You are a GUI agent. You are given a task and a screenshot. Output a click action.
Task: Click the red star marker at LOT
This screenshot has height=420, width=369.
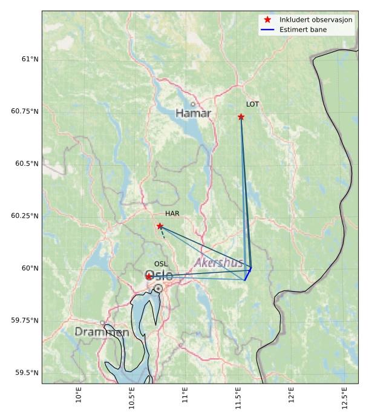coord(241,117)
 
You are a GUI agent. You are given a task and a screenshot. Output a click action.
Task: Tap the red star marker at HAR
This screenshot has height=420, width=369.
coord(160,226)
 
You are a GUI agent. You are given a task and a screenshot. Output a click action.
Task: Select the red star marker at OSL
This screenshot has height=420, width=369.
coord(149,277)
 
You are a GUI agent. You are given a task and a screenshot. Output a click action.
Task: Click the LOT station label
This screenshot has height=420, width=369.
coord(252,104)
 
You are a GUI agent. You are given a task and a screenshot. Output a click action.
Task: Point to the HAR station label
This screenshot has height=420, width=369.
coord(172,214)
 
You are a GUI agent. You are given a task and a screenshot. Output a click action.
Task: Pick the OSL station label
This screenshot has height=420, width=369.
coord(161,264)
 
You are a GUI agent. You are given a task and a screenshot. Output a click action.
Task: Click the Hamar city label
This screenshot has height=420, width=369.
coord(193,113)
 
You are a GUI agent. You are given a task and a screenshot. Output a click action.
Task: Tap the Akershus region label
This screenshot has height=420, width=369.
coord(218,263)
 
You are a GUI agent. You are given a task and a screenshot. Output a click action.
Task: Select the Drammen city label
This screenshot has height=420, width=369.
coord(102,332)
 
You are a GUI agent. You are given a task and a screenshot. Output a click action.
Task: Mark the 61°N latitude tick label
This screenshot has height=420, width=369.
coord(28,59)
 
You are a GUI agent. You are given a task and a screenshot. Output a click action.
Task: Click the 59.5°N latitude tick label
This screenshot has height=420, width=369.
coord(25,373)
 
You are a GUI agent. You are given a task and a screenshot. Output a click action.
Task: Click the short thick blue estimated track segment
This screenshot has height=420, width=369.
coord(247,274)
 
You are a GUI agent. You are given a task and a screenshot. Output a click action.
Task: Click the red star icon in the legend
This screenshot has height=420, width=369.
coord(267,20)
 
